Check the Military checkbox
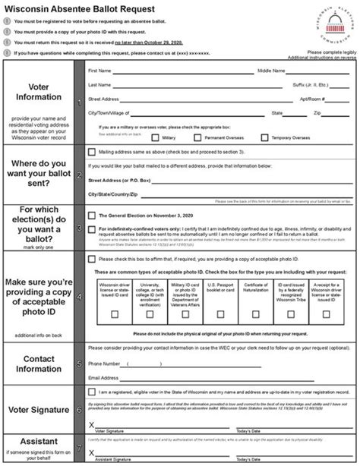(x=156, y=138)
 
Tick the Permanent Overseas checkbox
(x=197, y=138)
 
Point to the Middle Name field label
(x=270, y=71)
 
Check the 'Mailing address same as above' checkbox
(x=92, y=153)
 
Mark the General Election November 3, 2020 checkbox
(x=92, y=215)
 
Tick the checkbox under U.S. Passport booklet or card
(x=220, y=313)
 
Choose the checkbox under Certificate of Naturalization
(x=256, y=313)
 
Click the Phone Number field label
(x=103, y=363)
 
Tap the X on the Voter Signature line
(x=91, y=424)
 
